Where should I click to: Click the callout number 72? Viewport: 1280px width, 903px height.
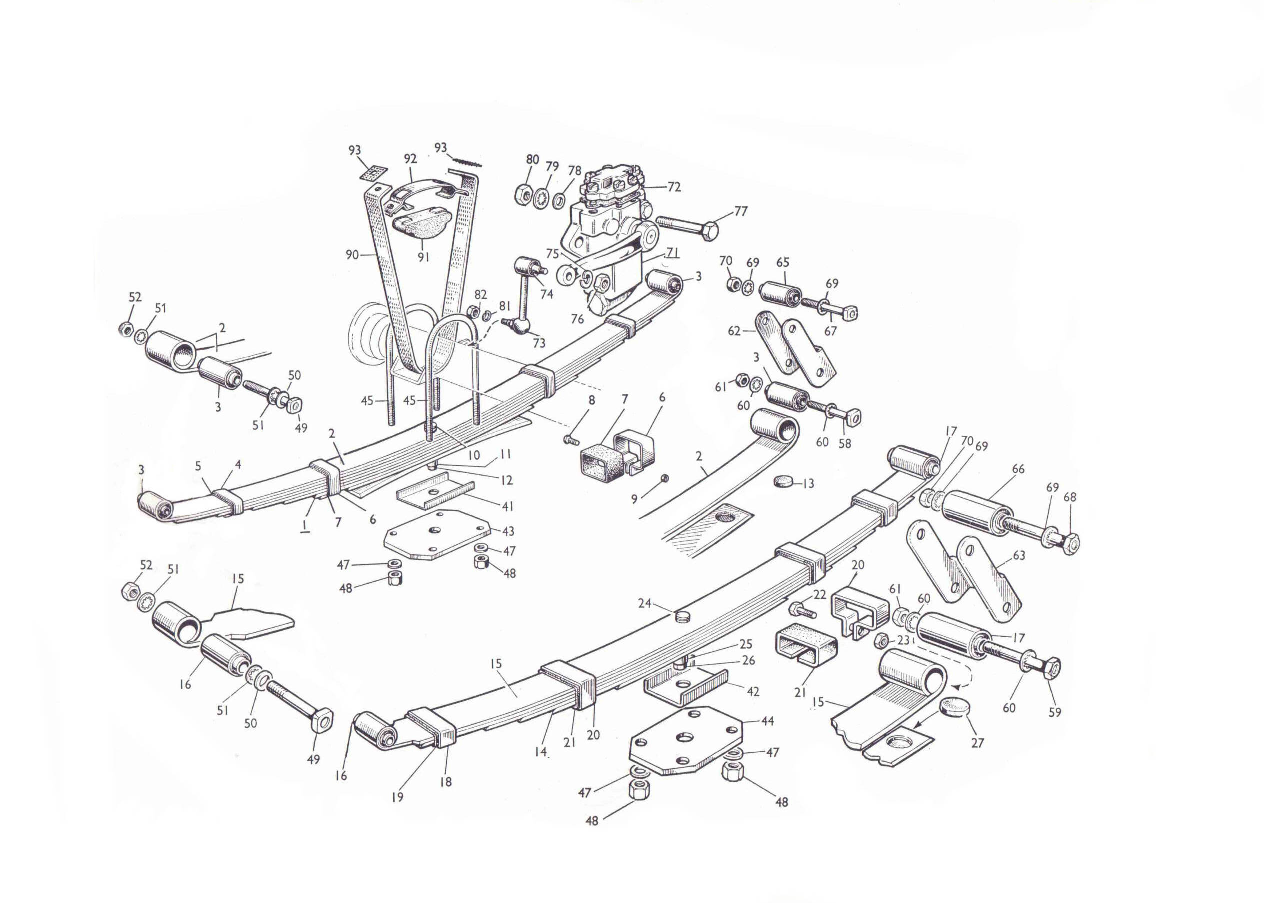click(674, 187)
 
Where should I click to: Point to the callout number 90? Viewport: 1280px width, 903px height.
click(352, 254)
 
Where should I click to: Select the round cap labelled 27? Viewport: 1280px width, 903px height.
click(955, 709)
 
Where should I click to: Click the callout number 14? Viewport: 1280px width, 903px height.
click(541, 752)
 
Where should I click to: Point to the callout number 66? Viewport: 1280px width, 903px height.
click(1018, 469)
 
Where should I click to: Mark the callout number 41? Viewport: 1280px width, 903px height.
click(507, 506)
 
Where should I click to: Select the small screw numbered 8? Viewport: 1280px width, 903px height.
click(570, 441)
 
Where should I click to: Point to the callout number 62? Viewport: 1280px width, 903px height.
click(734, 331)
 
